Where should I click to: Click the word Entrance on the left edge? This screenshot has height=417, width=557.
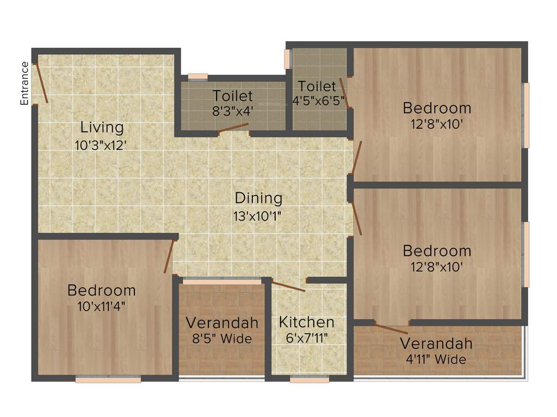click(24, 83)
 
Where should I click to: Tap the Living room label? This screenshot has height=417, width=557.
click(102, 128)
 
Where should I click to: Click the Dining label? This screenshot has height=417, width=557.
click(258, 198)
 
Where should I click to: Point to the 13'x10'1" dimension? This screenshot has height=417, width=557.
click(258, 215)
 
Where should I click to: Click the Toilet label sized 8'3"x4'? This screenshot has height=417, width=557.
click(232, 96)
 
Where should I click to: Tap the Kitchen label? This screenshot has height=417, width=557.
click(307, 322)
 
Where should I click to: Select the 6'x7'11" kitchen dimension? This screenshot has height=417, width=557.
click(307, 339)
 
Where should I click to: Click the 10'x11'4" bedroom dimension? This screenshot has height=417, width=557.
click(102, 306)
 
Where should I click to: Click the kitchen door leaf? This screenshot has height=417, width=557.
click(288, 287)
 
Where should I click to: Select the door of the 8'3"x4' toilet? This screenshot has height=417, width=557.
click(233, 128)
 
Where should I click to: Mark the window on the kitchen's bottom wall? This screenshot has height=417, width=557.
click(309, 380)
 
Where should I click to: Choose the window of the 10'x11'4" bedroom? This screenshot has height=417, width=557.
click(108, 380)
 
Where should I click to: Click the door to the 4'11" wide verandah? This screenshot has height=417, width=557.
click(392, 329)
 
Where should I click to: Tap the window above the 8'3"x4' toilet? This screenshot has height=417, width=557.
click(197, 77)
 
